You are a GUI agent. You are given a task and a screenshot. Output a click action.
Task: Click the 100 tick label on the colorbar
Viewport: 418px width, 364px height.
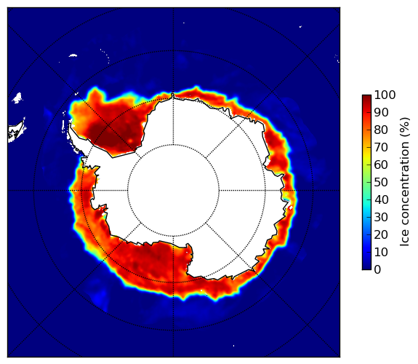(x=385, y=95)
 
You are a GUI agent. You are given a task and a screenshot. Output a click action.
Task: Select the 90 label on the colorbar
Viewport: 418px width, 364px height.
(x=381, y=112)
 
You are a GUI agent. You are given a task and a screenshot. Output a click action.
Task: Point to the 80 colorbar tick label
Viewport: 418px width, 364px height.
(x=381, y=130)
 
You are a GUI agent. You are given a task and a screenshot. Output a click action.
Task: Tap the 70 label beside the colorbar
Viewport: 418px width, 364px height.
(x=381, y=147)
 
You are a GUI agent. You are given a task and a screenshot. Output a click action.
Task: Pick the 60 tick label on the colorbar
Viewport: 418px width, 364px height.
(x=381, y=165)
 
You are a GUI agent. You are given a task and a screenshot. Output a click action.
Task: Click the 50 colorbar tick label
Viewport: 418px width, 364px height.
(x=381, y=183)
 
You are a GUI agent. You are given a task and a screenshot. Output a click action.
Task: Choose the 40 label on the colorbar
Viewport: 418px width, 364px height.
(x=381, y=199)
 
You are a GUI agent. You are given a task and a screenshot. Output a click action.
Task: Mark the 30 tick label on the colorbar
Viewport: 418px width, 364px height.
(x=381, y=218)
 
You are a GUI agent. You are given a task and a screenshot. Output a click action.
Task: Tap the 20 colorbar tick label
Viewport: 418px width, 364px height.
(x=381, y=234)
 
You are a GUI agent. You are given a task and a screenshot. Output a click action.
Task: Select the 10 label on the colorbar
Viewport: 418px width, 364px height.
(x=381, y=252)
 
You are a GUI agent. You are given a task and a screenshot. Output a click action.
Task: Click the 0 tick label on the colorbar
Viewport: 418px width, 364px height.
(x=377, y=270)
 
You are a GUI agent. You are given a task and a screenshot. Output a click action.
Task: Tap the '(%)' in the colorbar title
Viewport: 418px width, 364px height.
(x=405, y=127)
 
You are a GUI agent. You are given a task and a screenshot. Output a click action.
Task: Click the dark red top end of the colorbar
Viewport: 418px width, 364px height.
(x=366, y=97)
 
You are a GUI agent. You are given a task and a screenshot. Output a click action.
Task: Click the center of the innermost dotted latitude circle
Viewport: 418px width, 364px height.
(x=173, y=190)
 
